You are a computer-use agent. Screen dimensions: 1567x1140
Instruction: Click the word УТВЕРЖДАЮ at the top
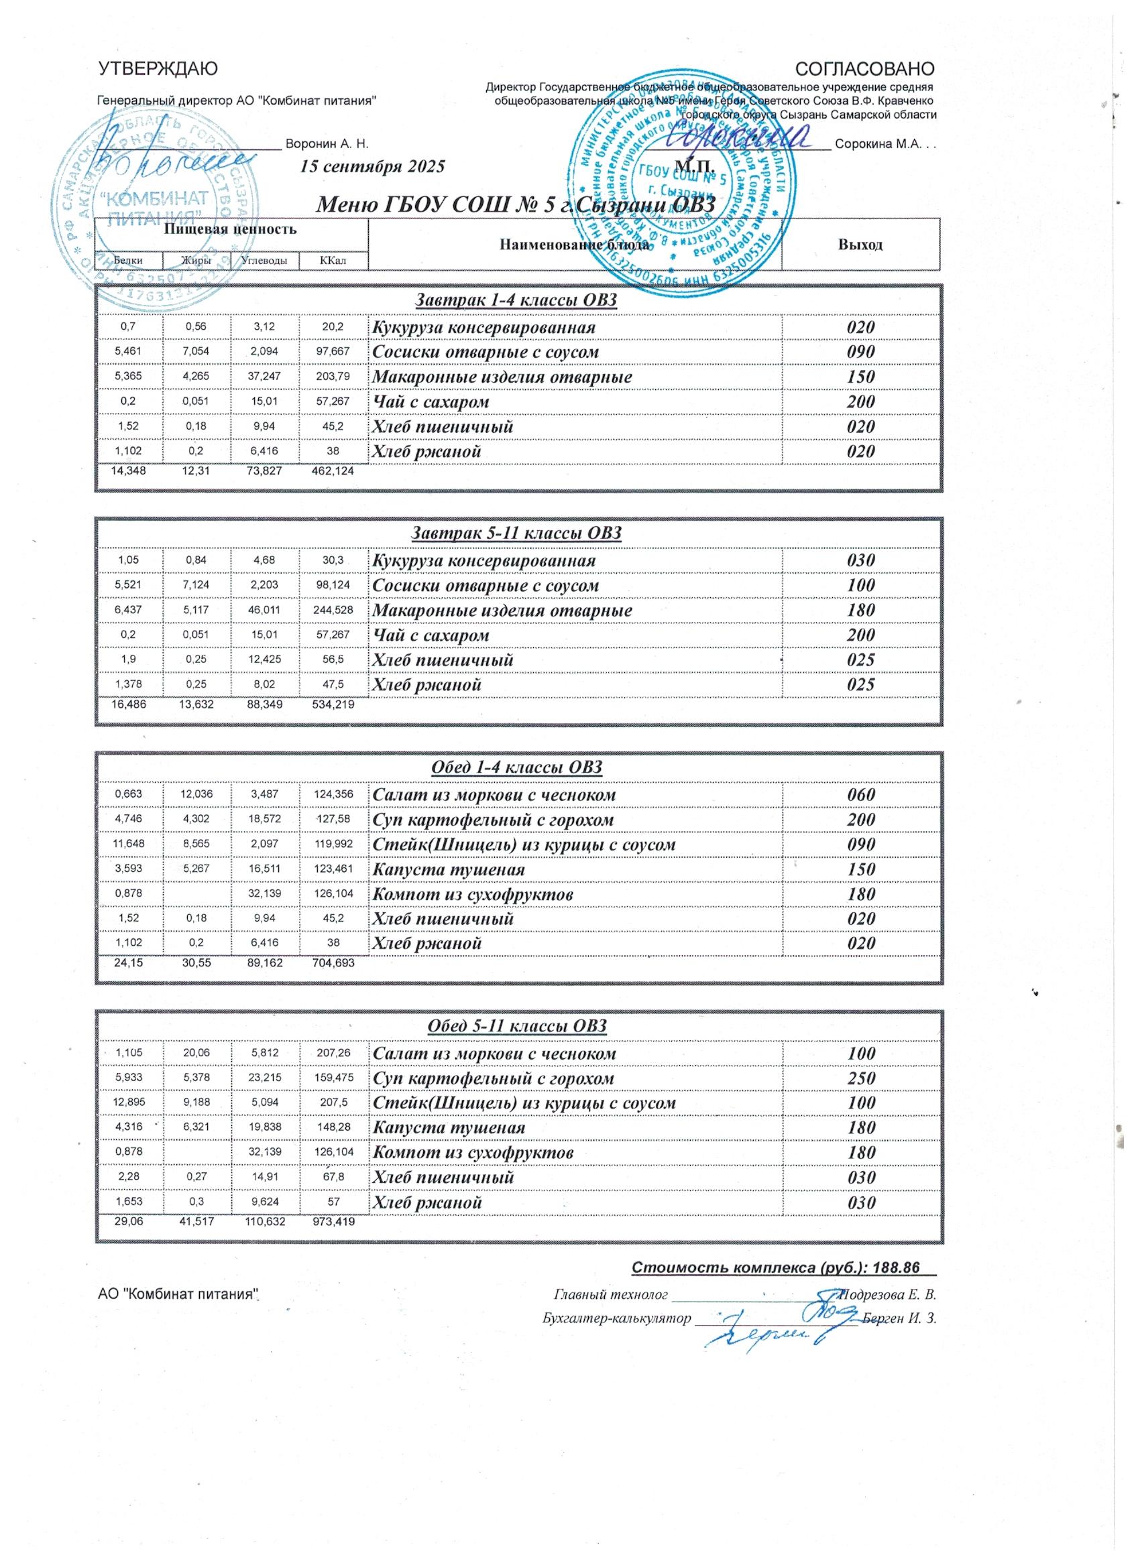[x=158, y=68]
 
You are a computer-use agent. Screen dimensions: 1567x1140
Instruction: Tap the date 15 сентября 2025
[x=372, y=166]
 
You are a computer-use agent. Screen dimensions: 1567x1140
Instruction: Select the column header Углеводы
[x=265, y=261]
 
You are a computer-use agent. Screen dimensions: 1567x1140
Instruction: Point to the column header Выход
[x=861, y=245]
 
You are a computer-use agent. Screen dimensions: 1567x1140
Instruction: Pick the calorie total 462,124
[x=334, y=471]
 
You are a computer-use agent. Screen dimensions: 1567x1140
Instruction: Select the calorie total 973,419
[x=334, y=1222]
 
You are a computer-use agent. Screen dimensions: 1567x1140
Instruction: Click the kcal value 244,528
[x=334, y=611]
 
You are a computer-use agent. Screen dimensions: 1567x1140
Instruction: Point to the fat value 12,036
[x=197, y=794]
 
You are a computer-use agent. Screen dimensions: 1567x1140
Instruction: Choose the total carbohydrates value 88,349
[x=266, y=704]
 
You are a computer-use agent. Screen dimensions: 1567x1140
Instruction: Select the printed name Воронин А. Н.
[x=327, y=144]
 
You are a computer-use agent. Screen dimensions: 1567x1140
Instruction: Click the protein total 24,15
[x=129, y=962]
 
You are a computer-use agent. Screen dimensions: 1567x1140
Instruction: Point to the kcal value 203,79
[x=334, y=377]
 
